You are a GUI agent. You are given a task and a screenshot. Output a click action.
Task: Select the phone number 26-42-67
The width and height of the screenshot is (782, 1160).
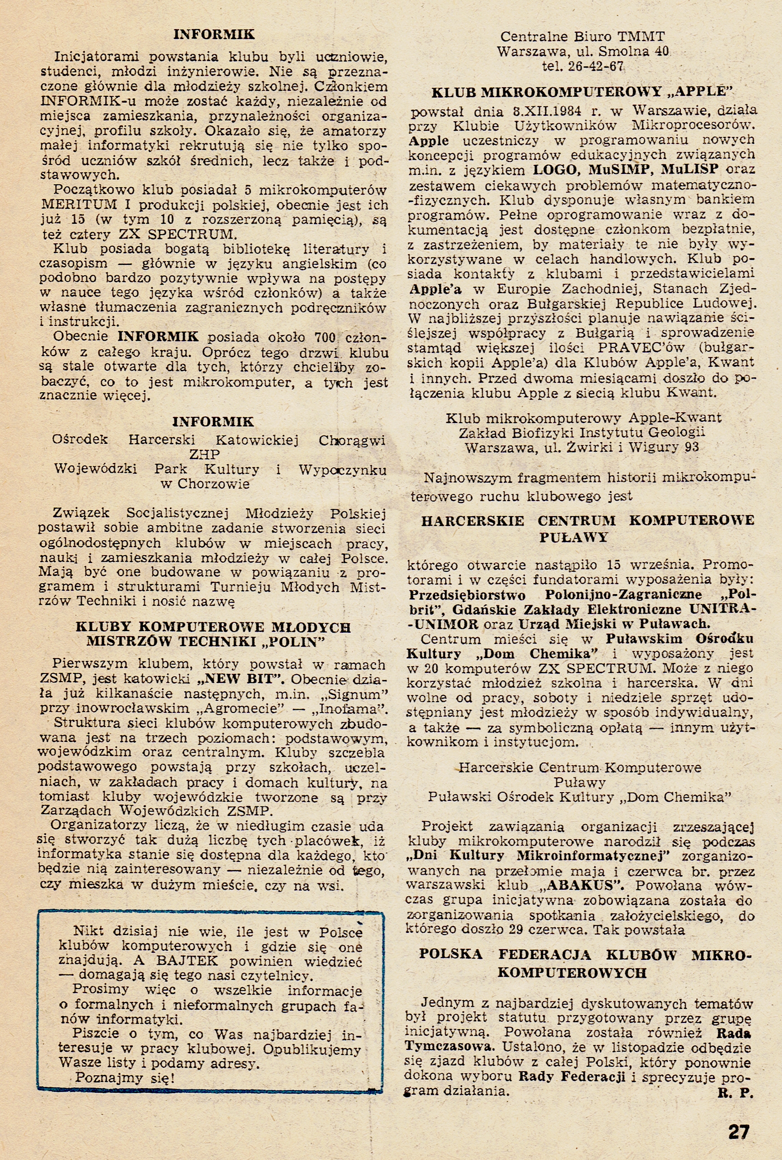point(599,66)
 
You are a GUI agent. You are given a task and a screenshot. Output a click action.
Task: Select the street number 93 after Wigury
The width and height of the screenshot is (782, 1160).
point(692,447)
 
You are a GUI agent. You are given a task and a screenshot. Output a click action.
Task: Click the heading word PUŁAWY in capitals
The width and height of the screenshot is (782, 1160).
point(574,537)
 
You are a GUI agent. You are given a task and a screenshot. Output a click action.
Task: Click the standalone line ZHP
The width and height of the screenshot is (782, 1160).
point(205,454)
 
